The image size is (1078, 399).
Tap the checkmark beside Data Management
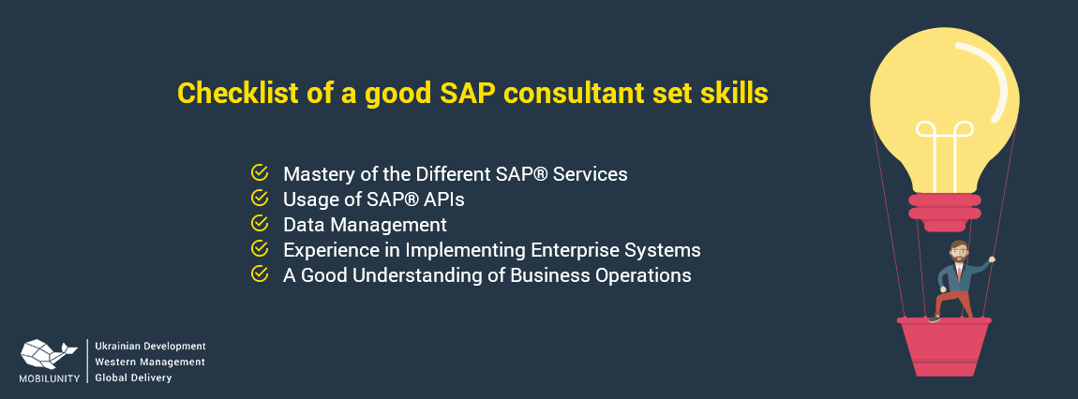click(x=259, y=223)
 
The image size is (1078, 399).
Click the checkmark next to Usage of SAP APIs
click(x=259, y=198)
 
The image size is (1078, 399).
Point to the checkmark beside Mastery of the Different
click(x=259, y=172)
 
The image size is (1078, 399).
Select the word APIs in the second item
click(x=445, y=199)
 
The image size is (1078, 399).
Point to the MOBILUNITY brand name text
click(x=50, y=377)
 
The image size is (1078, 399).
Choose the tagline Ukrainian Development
click(x=150, y=347)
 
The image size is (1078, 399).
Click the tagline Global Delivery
click(x=133, y=377)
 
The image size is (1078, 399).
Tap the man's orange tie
click(x=958, y=272)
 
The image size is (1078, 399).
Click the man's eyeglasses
click(x=958, y=251)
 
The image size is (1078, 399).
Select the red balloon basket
click(x=944, y=347)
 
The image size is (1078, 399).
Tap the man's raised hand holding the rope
click(x=992, y=260)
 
